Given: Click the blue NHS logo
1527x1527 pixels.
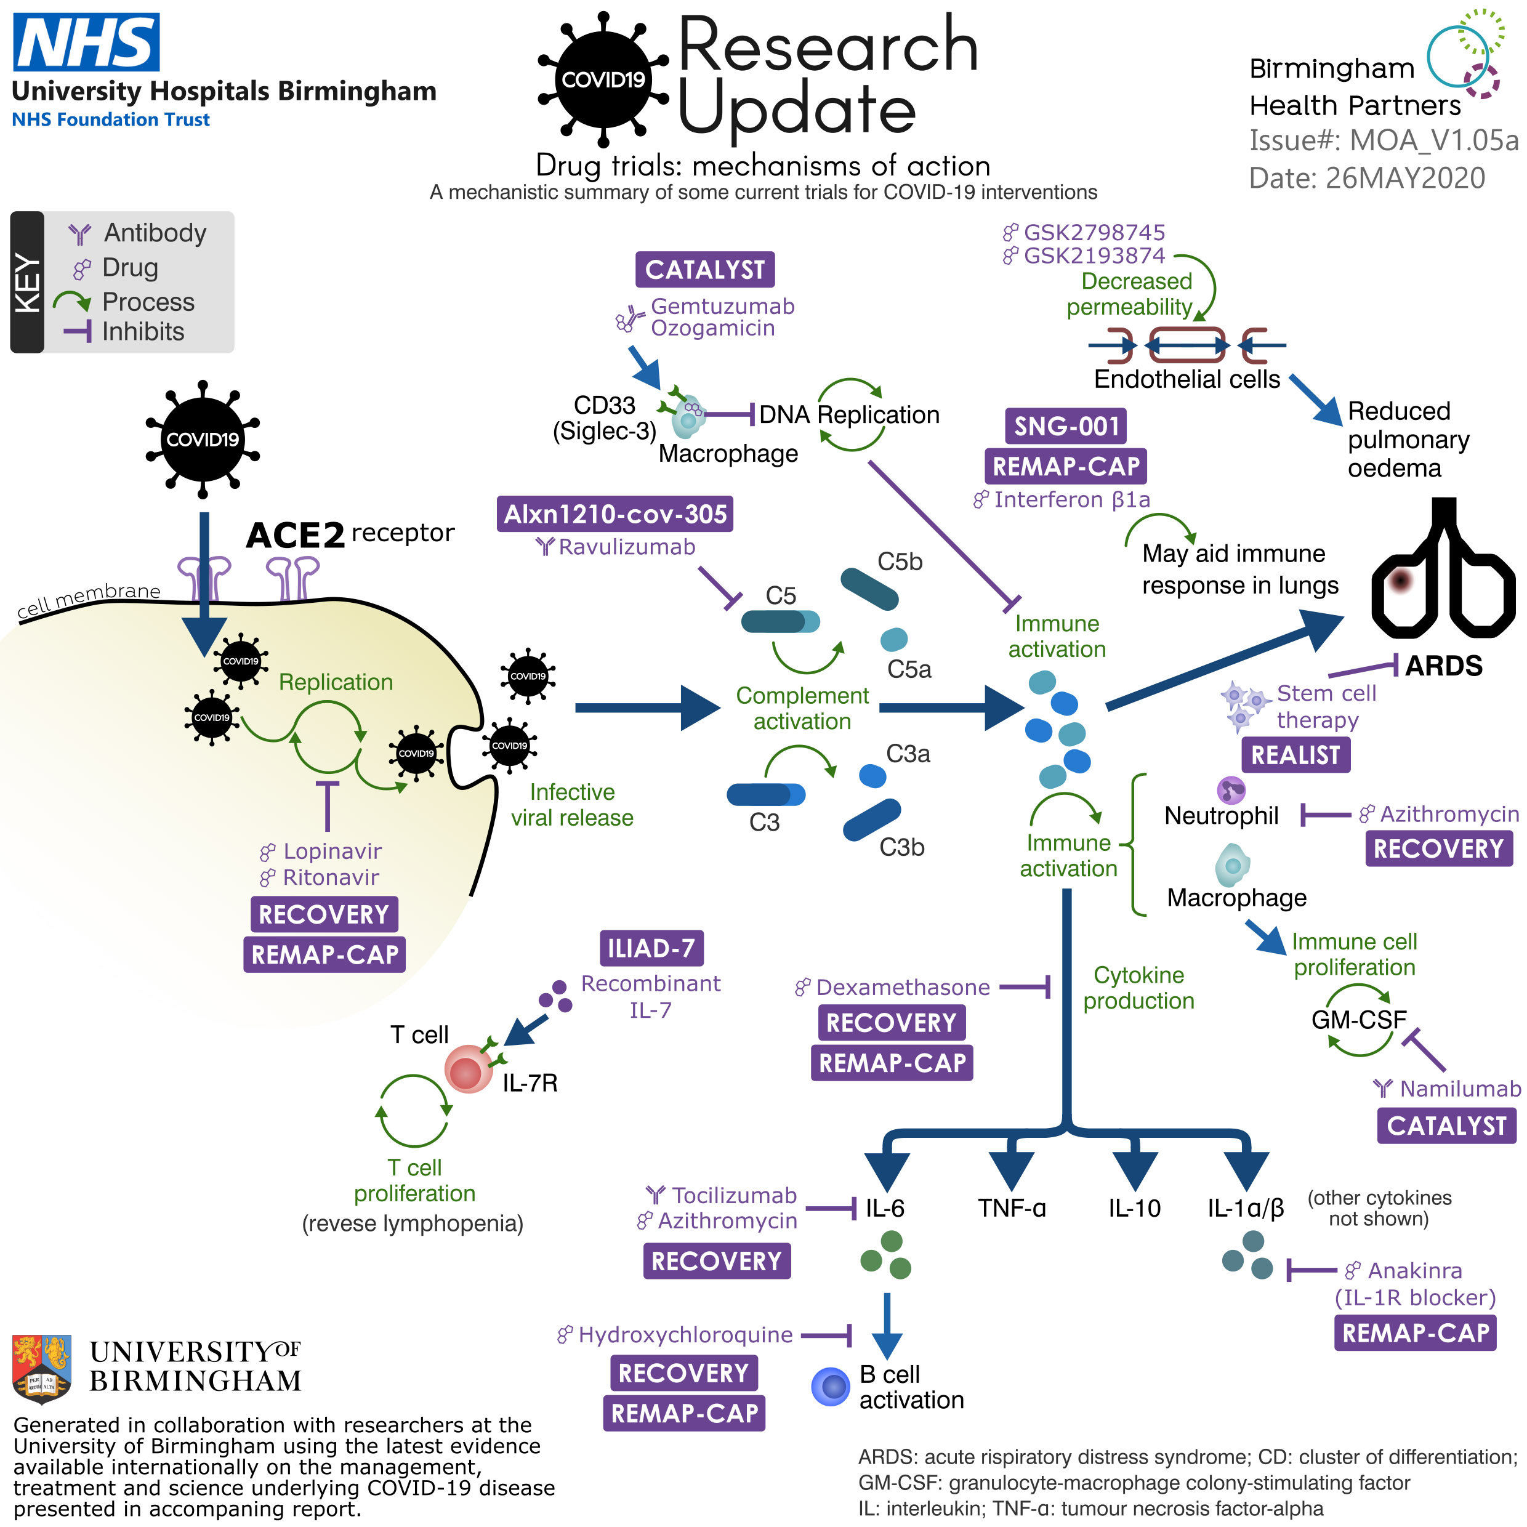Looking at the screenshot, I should (86, 42).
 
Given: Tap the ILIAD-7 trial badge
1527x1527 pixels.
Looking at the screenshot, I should (650, 948).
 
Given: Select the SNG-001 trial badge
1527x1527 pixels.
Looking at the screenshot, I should (1065, 426).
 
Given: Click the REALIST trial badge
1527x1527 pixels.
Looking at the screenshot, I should (1295, 754).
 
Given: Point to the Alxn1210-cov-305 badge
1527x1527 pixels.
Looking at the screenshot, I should (615, 514).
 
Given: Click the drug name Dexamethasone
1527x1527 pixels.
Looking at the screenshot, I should (903, 987).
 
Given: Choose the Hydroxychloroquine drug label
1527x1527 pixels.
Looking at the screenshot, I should (685, 1335).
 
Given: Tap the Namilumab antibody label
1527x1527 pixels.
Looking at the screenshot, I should (1460, 1089).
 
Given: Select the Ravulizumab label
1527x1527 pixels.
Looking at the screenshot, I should (627, 547).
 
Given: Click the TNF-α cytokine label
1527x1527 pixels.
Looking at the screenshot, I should (1012, 1207).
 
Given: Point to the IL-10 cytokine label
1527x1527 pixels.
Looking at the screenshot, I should (1134, 1207).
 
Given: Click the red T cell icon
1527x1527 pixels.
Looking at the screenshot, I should (468, 1070).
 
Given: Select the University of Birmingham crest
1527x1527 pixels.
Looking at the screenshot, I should (42, 1368).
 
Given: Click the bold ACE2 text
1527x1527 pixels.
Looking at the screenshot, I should (295, 535).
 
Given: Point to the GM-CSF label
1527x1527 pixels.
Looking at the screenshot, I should (1359, 1020).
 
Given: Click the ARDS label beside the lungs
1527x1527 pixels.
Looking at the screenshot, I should (1443, 666).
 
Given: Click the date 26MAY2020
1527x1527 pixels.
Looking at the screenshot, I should (1404, 178).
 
